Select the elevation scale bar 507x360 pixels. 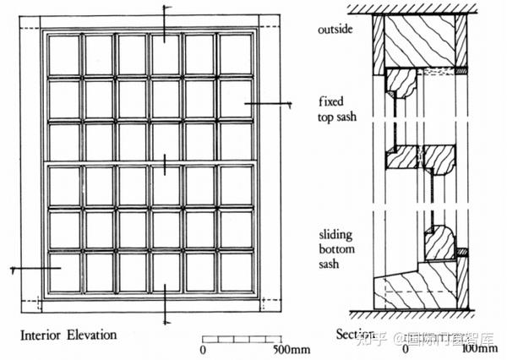point(244,340)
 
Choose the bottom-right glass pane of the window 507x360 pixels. point(235,271)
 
